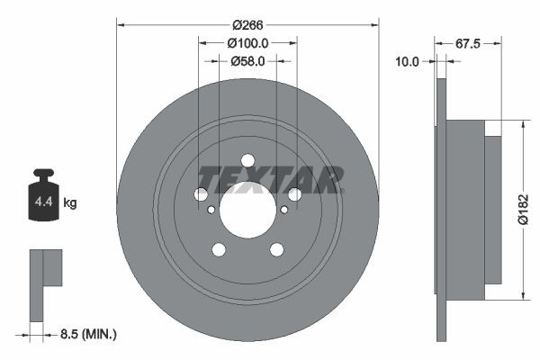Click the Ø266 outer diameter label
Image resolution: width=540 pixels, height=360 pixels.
point(247,25)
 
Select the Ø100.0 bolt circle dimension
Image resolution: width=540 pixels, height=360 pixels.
point(247,43)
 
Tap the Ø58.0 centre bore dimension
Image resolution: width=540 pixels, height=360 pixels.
point(247,61)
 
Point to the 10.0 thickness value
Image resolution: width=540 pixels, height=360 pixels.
point(409,61)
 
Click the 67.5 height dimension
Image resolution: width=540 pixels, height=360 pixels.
point(466,43)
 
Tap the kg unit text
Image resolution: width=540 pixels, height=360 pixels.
point(69,203)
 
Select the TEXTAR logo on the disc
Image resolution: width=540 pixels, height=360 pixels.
point(270,179)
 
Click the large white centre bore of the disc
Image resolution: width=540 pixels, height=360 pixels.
point(247,210)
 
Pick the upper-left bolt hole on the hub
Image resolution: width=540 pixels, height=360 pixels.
point(202,194)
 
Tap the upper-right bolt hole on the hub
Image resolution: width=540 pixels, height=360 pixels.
point(294,194)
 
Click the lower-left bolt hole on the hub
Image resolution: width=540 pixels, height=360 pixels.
point(219,249)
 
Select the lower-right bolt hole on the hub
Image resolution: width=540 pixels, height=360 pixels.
point(276,249)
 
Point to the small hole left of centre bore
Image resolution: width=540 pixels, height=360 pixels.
point(211,210)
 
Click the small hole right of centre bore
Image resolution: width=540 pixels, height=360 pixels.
point(284,210)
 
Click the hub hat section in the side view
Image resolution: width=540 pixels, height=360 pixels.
point(466,209)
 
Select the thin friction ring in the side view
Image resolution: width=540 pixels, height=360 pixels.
point(441,209)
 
